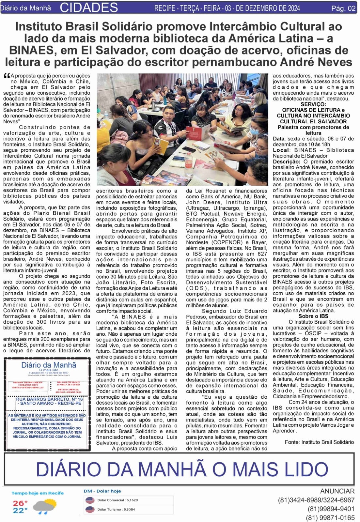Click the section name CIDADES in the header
click(x=89, y=7)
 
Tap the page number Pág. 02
click(x=343, y=8)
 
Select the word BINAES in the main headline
click(x=27, y=50)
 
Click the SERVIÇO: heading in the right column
click(x=313, y=104)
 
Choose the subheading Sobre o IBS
click(x=313, y=316)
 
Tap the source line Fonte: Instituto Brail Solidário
click(x=319, y=442)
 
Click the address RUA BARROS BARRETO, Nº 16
click(x=49, y=399)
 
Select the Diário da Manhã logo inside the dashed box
click(x=48, y=365)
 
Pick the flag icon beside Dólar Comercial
click(x=89, y=500)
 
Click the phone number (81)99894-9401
click(x=331, y=509)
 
